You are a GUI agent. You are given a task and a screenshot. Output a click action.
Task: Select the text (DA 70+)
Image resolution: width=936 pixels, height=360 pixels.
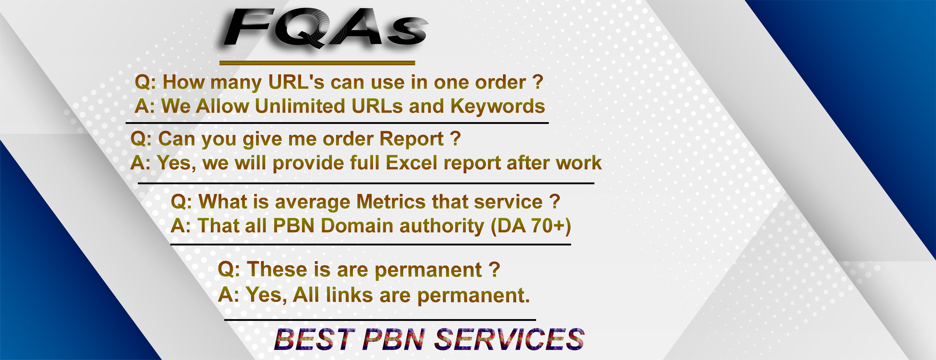(x=531, y=226)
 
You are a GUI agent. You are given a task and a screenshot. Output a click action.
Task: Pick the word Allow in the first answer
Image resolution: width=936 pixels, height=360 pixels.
(x=222, y=106)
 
